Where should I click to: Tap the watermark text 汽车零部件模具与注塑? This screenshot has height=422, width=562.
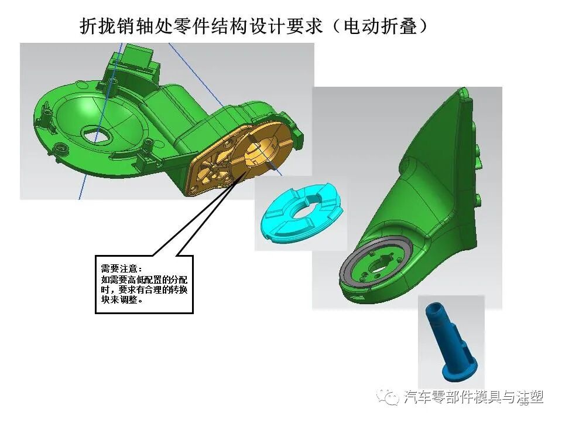(474, 398)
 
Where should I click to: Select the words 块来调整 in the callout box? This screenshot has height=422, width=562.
(121, 300)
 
